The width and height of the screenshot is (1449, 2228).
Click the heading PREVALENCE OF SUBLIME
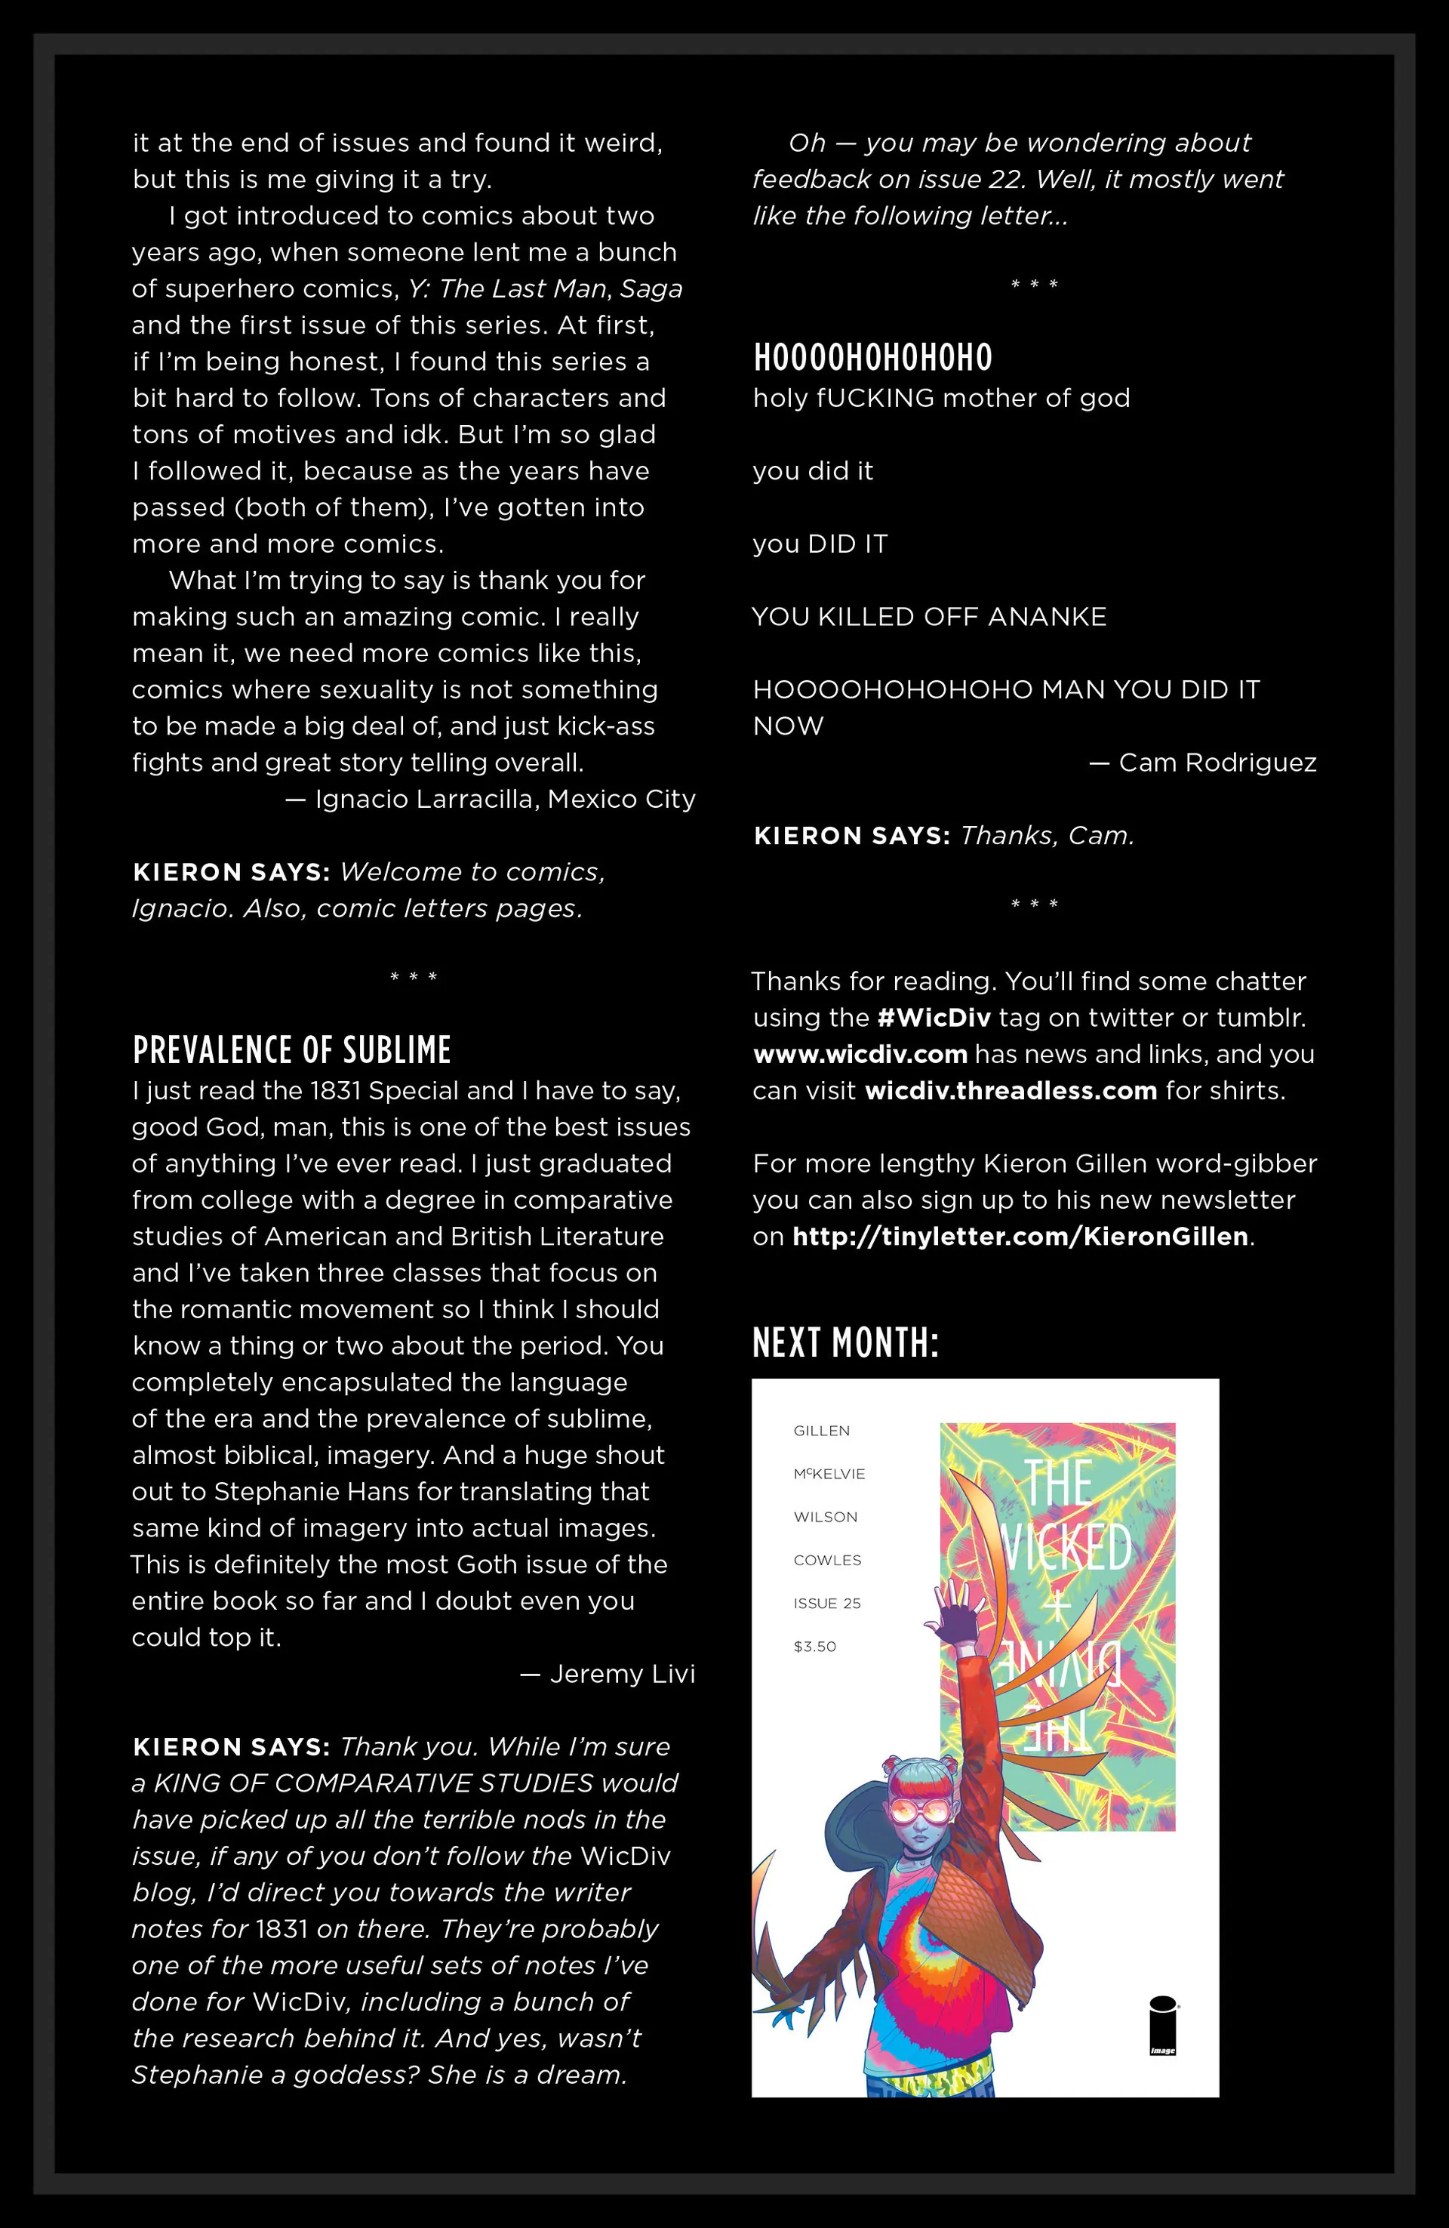(x=291, y=1050)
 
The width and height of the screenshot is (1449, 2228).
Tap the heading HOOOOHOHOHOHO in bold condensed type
(x=872, y=358)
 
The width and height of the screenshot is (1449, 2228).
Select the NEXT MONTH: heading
(x=845, y=1343)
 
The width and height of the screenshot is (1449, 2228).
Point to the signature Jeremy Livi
(x=622, y=1674)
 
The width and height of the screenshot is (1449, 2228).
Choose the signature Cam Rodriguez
(x=1217, y=763)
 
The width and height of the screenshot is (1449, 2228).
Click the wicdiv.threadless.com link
(x=1011, y=1091)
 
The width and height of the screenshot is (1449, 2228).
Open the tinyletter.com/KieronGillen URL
(x=1020, y=1237)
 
